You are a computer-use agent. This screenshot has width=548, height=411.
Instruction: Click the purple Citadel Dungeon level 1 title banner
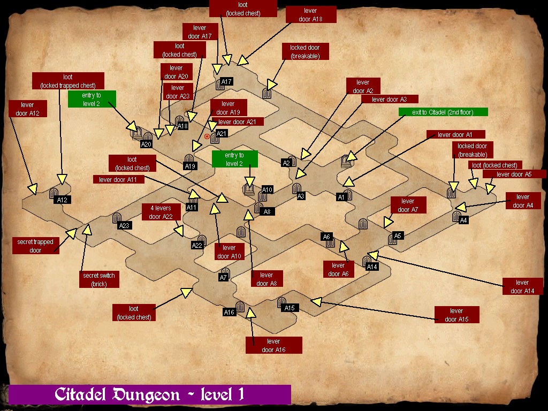click(x=150, y=394)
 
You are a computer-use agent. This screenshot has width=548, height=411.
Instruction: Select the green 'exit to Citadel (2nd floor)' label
click(x=443, y=112)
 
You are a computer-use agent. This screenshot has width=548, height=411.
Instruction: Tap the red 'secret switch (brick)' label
click(x=99, y=279)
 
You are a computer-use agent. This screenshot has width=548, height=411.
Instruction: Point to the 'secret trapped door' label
click(x=35, y=246)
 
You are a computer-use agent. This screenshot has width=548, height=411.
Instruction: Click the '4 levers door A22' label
click(x=161, y=212)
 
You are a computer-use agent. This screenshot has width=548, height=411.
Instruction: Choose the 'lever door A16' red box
click(x=273, y=345)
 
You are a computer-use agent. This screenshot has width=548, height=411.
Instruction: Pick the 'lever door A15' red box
click(x=456, y=315)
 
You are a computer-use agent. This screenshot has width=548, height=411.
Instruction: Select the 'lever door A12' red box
click(x=27, y=109)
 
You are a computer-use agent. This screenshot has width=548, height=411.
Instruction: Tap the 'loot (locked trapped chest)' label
click(x=68, y=81)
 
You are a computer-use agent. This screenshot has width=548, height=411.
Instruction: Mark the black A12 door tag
click(x=63, y=200)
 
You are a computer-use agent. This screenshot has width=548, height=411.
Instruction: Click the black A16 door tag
click(x=229, y=312)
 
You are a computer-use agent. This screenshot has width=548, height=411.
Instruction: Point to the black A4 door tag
click(x=463, y=220)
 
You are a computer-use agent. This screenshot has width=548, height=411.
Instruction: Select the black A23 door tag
click(x=125, y=225)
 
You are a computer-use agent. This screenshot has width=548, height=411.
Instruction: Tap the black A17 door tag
click(x=226, y=82)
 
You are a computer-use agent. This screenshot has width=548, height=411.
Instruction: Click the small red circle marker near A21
click(x=207, y=136)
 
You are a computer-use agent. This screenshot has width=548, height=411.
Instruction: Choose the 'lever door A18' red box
click(x=310, y=14)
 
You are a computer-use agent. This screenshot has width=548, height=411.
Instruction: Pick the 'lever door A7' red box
click(x=408, y=205)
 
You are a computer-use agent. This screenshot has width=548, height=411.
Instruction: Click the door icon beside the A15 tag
click(x=281, y=303)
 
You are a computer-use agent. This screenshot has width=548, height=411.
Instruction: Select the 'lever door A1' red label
click(x=455, y=134)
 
